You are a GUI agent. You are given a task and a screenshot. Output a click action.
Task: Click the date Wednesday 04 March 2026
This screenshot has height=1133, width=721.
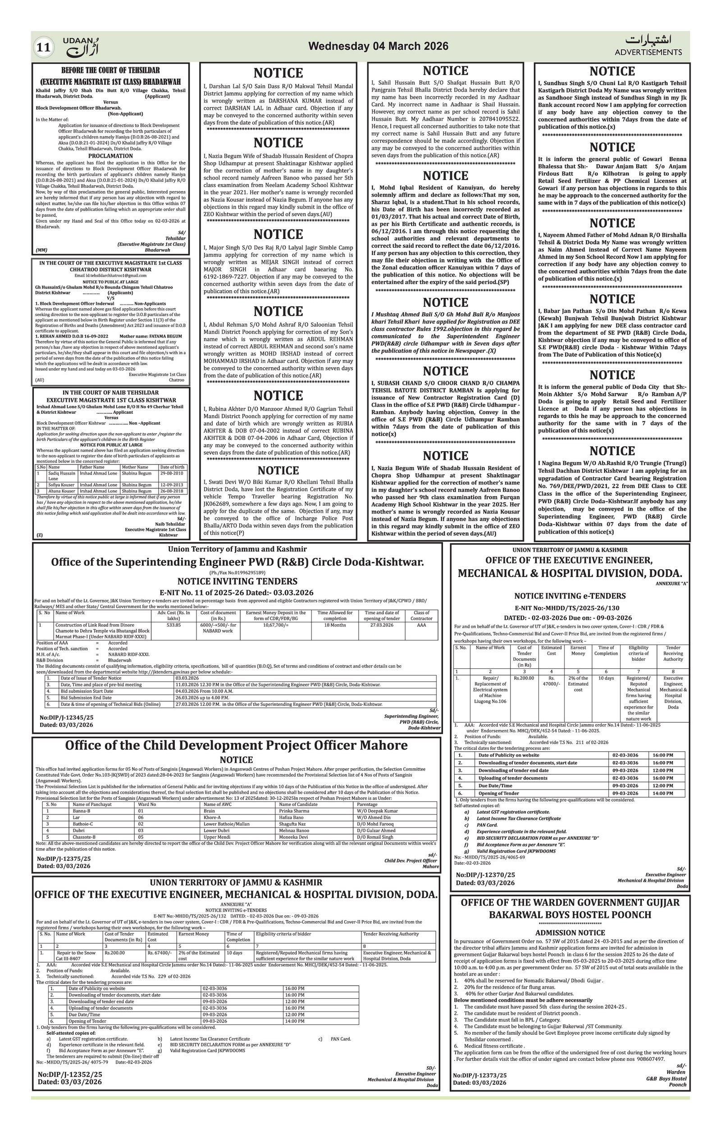click(x=378, y=46)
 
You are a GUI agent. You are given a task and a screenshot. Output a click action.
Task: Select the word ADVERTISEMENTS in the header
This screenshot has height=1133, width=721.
click(x=648, y=52)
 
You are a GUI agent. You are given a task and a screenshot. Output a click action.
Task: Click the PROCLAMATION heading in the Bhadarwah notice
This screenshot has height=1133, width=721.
click(x=110, y=156)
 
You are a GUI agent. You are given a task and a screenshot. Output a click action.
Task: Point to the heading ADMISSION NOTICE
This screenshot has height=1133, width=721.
click(x=570, y=932)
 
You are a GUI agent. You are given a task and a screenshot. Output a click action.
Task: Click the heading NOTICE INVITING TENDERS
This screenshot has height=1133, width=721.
click(x=237, y=581)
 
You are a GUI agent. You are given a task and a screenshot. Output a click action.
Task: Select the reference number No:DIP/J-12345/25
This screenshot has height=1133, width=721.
click(x=66, y=717)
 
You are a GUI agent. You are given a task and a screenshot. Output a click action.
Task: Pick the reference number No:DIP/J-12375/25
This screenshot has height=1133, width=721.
click(x=64, y=858)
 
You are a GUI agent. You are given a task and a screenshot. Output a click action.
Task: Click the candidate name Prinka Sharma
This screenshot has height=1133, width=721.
click(x=294, y=811)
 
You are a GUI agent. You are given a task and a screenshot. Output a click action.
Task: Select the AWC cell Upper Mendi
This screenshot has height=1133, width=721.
click(x=217, y=837)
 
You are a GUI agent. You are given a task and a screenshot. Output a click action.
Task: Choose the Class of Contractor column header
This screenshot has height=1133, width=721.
click(x=421, y=616)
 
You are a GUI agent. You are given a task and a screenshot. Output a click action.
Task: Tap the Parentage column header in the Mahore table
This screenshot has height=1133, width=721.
click(x=367, y=804)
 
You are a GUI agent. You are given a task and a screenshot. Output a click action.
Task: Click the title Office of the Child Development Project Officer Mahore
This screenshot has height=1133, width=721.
click(x=236, y=745)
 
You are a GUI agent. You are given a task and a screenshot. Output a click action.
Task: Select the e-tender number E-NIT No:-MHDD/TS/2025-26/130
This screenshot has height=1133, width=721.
click(x=570, y=608)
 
